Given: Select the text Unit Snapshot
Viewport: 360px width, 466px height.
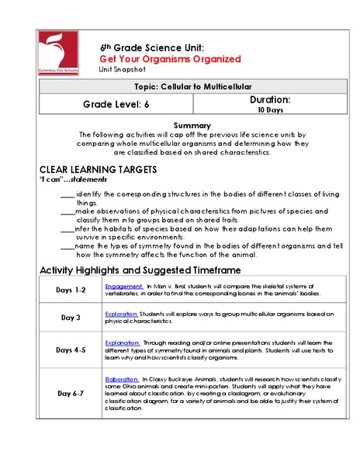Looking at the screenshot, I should click(x=119, y=69).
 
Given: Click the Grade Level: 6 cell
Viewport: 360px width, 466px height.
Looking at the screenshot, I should click(x=116, y=104).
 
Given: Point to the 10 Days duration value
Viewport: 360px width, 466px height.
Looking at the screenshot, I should click(x=269, y=110).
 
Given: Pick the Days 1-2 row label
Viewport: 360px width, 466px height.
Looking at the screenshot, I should click(x=71, y=290).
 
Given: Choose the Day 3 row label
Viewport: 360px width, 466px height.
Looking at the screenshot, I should click(x=71, y=317).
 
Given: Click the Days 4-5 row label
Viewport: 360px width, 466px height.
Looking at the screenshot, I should click(x=71, y=349).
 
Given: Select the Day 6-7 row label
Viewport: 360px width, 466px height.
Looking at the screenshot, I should click(x=71, y=393).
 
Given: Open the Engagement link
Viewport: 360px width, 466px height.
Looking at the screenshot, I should click(x=124, y=286).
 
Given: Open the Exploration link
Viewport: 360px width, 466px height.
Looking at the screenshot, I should click(x=123, y=313).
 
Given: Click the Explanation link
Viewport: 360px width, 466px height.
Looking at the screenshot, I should click(x=123, y=341).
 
